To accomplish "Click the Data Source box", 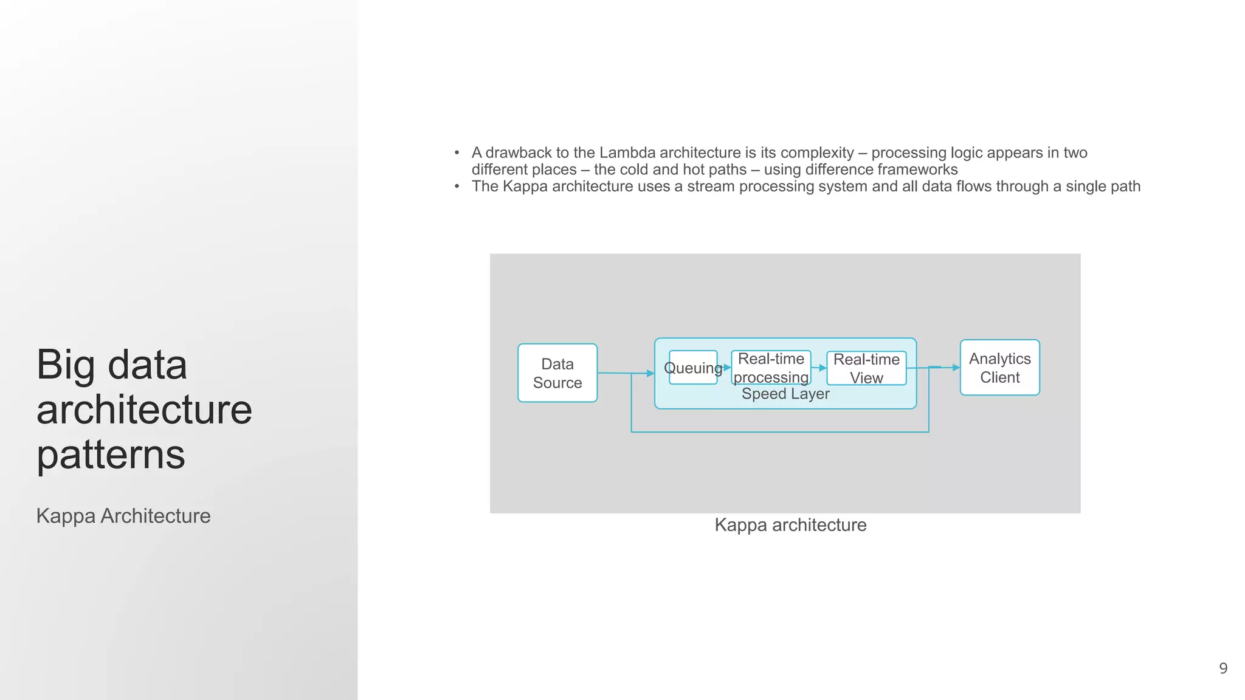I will (557, 373).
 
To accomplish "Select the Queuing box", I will (693, 368).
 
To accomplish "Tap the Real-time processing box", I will (771, 368).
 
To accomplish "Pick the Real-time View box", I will (866, 368).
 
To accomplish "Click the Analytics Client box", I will (999, 368).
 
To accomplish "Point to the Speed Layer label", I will (785, 394).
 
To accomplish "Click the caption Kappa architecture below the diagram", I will (790, 525).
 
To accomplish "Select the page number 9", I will (1223, 668).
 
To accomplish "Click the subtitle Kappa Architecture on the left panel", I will (123, 516).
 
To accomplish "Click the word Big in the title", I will (66, 365).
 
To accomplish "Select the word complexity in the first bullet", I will (817, 153).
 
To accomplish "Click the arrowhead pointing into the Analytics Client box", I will (956, 368).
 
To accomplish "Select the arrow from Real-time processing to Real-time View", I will (819, 368).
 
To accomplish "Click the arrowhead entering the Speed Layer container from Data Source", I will (650, 373).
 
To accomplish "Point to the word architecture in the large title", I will (144, 410).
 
